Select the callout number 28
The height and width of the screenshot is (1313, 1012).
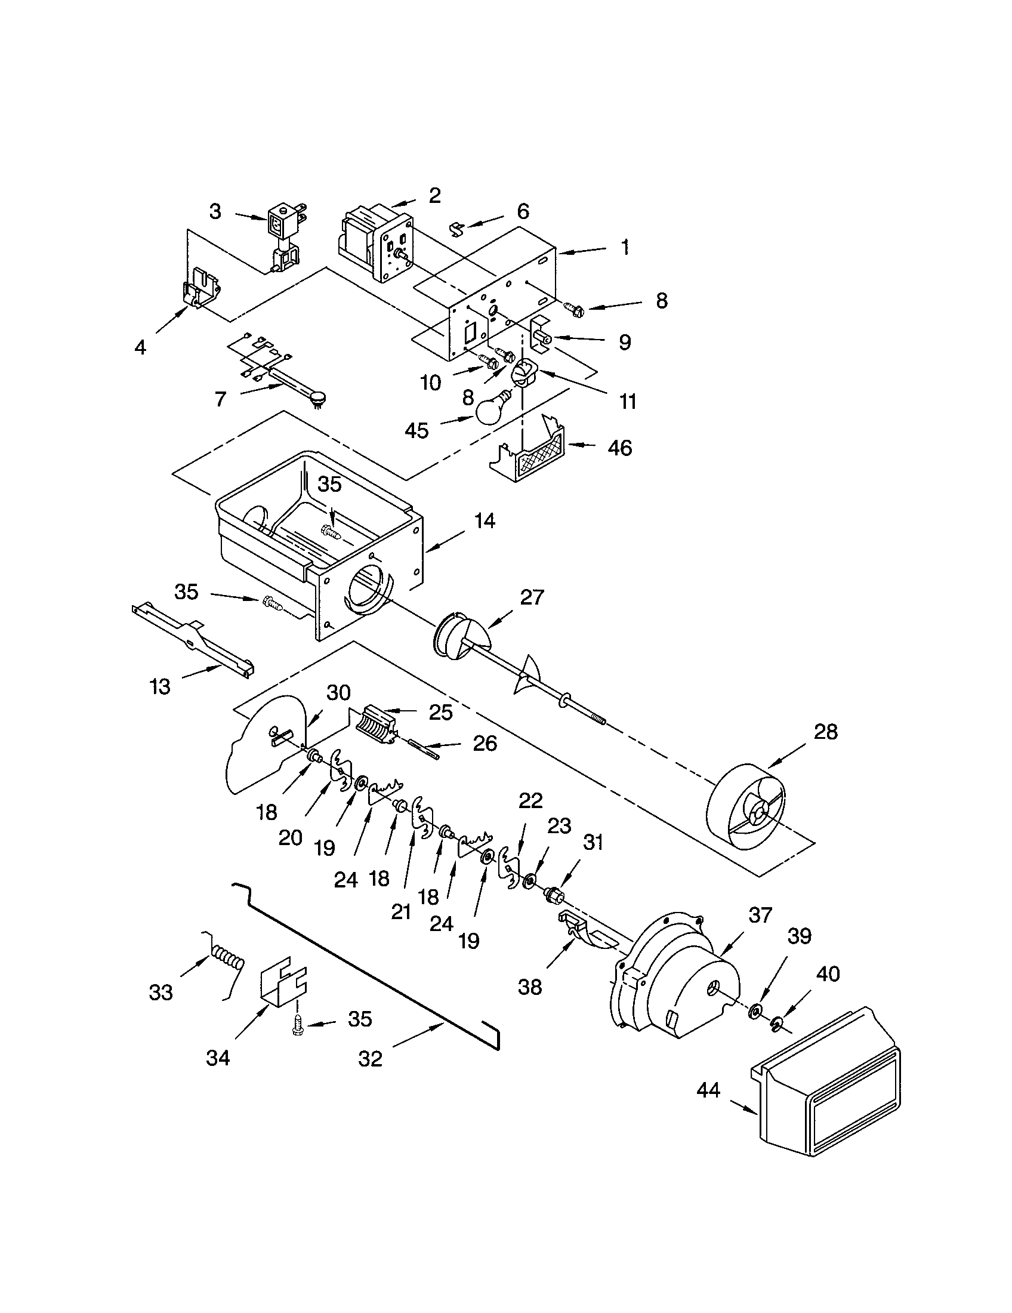pyautogui.click(x=825, y=732)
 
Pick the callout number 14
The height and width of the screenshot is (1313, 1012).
pyautogui.click(x=485, y=521)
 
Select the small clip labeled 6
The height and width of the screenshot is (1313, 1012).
pyautogui.click(x=457, y=228)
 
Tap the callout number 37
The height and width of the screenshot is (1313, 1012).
pyautogui.click(x=760, y=915)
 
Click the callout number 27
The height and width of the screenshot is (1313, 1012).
pyautogui.click(x=531, y=597)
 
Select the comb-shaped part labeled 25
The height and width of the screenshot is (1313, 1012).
pyautogui.click(x=375, y=726)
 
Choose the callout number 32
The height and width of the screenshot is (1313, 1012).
pyautogui.click(x=370, y=1059)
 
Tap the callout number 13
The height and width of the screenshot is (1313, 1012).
pyautogui.click(x=159, y=686)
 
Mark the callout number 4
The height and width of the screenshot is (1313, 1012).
pyautogui.click(x=140, y=347)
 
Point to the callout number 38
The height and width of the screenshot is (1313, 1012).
pyautogui.click(x=529, y=987)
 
